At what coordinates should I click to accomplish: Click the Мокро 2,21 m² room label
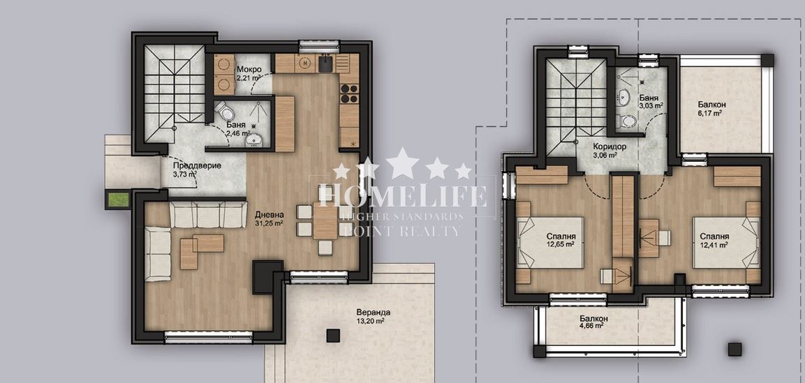coord(249,74)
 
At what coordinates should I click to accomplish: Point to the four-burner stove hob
coord(349,93)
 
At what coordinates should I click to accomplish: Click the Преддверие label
coord(189,170)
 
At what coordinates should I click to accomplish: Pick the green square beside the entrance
coord(117,200)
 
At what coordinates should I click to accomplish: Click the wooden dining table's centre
coord(325,221)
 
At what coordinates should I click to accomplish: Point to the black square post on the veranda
coord(332,336)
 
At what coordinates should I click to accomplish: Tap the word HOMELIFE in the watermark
coord(402,196)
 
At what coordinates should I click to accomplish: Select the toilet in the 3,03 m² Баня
coord(628,121)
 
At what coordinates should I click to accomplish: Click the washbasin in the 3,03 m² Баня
coord(624,96)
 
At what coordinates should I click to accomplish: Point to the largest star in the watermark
coord(403,163)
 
